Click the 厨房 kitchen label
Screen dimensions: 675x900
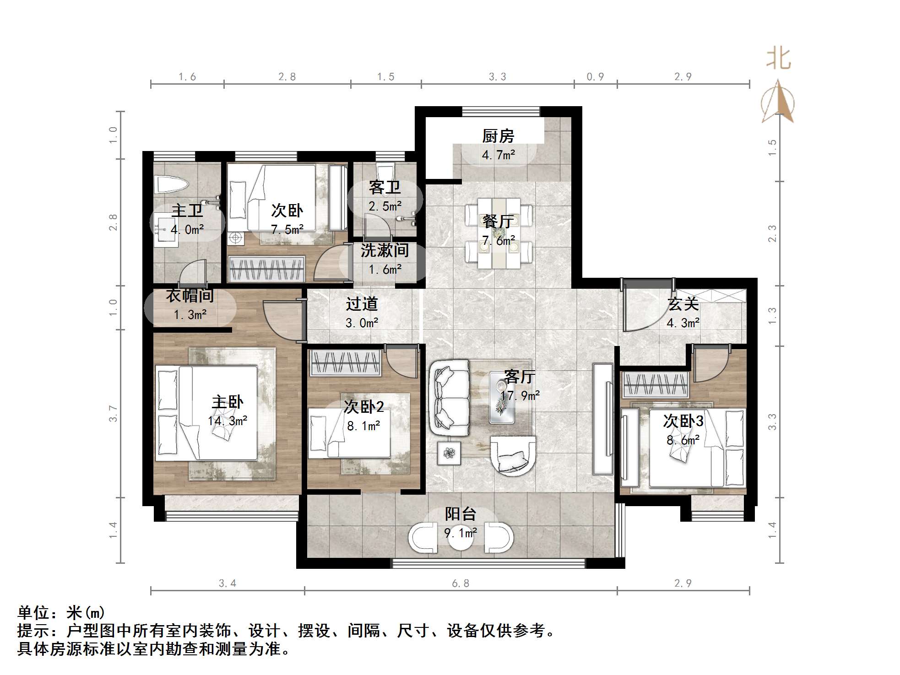pyautogui.click(x=498, y=136)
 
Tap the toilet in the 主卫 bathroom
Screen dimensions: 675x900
pyautogui.click(x=172, y=185)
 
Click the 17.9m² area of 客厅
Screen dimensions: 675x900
pyautogui.click(x=520, y=395)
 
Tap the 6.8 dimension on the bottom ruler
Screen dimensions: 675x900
pyautogui.click(x=461, y=583)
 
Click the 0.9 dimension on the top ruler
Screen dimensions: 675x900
pyautogui.click(x=595, y=77)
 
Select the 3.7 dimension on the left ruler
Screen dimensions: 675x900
pyautogui.click(x=113, y=414)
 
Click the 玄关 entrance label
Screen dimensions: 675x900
pyautogui.click(x=683, y=304)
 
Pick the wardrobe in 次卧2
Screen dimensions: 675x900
pyautogui.click(x=346, y=363)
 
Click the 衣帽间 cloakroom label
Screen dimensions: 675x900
pyautogui.click(x=190, y=296)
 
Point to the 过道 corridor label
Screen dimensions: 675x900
pyautogui.click(x=362, y=304)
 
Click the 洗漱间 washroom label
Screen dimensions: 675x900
pyautogui.click(x=385, y=250)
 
